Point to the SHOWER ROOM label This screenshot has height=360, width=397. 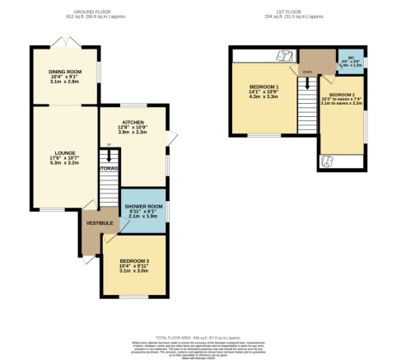coord(144,207)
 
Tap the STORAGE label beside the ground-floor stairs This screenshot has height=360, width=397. coord(108,169)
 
